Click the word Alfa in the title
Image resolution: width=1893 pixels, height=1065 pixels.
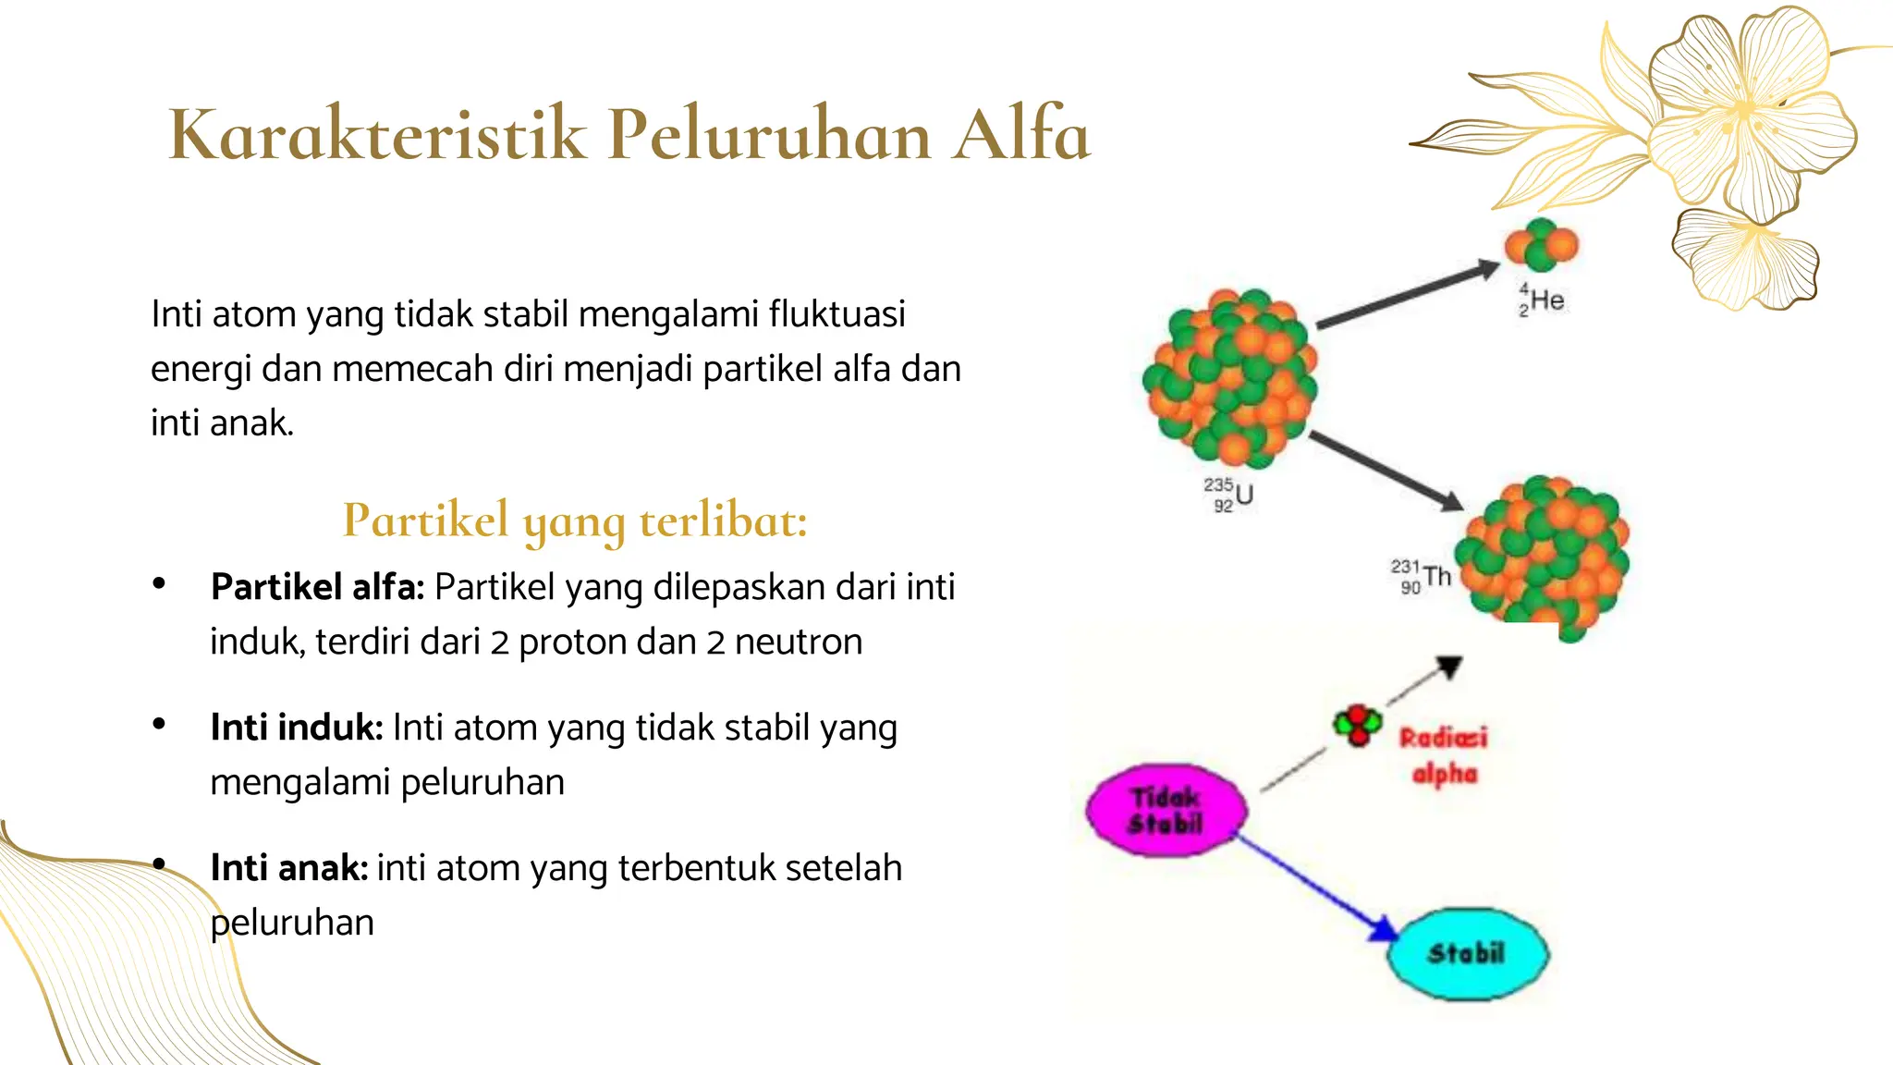1021,135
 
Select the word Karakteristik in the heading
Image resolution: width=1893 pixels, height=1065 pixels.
378,135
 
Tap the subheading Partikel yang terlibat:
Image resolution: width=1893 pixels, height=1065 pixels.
575,520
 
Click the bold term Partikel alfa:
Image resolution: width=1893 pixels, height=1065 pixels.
317,587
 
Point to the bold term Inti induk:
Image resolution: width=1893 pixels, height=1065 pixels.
296,728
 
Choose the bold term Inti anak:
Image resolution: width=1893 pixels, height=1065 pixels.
288,868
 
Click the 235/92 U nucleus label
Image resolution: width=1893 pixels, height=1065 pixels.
1228,495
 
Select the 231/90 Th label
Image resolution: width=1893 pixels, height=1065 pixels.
1421,576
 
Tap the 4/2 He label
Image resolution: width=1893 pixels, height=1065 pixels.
1541,300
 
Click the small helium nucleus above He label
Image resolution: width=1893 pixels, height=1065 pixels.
1541,246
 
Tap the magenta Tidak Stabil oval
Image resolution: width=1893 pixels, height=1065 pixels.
1166,810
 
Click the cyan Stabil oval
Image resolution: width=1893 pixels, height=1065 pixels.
1467,953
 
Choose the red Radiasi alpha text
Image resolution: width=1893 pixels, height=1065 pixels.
1444,755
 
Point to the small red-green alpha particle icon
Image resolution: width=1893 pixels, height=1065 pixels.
1357,724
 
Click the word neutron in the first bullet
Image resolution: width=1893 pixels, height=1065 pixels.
799,643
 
